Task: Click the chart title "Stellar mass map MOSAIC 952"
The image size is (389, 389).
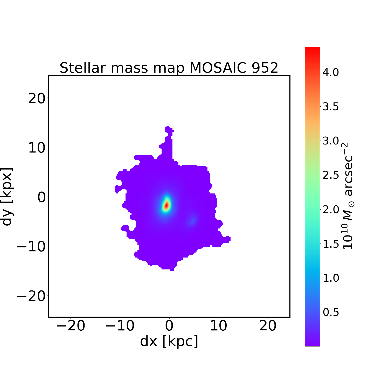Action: click(169, 68)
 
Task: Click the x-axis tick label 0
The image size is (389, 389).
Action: click(169, 326)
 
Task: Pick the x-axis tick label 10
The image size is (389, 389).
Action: click(218, 326)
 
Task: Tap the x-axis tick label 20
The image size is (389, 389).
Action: click(268, 326)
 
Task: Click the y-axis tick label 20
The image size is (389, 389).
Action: click(36, 99)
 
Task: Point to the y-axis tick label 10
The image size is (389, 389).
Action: click(36, 148)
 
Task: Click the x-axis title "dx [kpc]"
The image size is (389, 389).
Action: click(169, 341)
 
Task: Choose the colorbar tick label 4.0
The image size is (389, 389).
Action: click(331, 73)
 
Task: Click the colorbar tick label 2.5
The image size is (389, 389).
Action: click(331, 175)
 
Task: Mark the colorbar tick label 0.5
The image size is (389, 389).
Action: click(331, 312)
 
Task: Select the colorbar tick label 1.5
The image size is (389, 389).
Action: click(331, 244)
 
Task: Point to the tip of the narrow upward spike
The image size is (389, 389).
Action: click(168, 127)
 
